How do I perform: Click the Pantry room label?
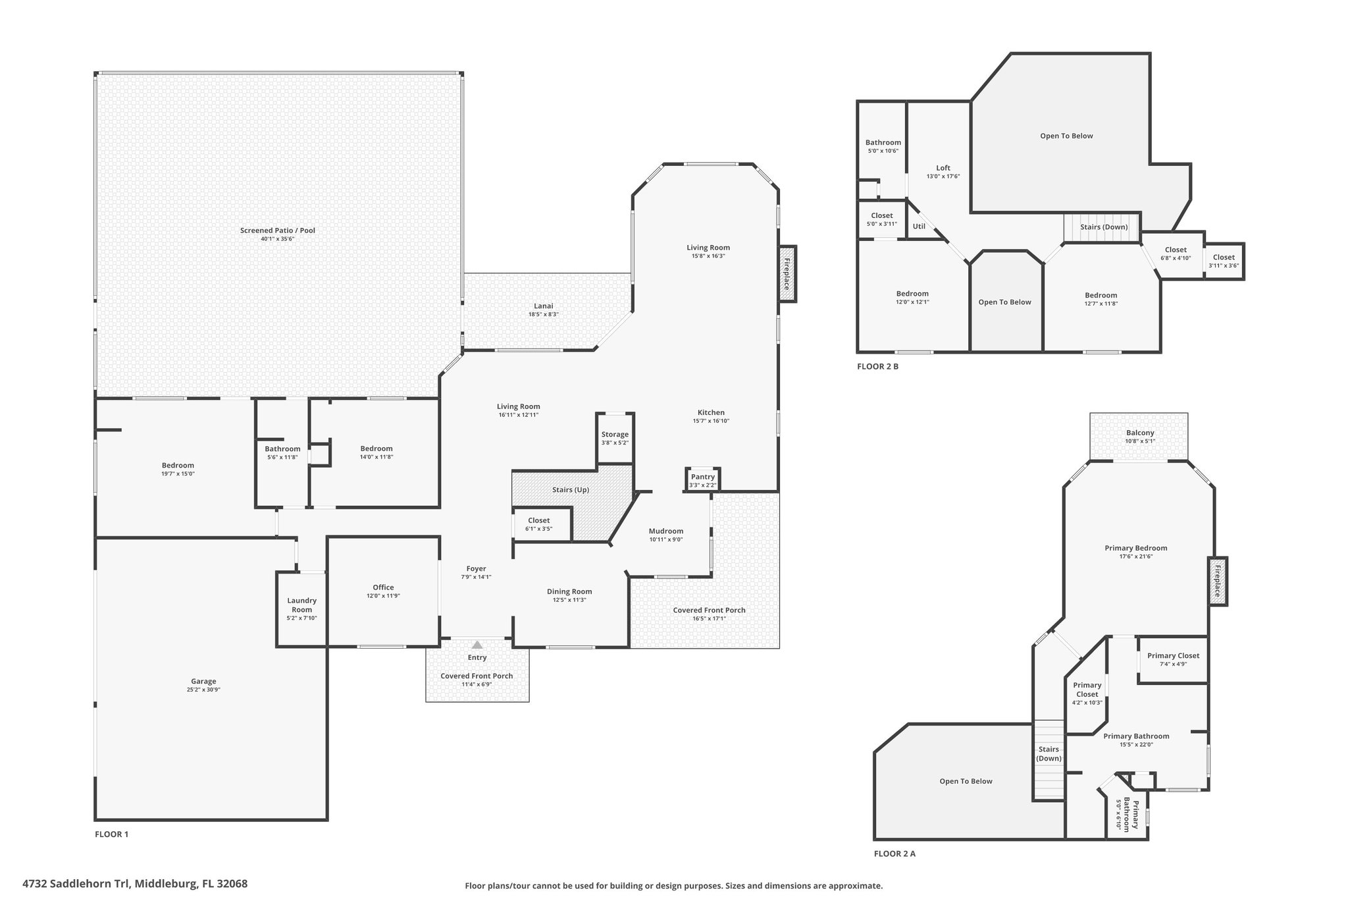tap(703, 477)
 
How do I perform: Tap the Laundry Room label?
tap(302, 605)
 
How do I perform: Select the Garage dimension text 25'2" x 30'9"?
tap(203, 690)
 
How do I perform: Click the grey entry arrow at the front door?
tap(477, 645)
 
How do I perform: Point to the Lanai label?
tap(544, 306)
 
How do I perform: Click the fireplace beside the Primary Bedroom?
tap(1218, 581)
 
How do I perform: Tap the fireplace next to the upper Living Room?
tap(787, 274)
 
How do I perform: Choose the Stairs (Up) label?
tap(571, 490)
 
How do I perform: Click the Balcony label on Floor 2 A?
tap(1140, 433)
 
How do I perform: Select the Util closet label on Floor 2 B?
tap(919, 227)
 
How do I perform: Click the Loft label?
tap(943, 168)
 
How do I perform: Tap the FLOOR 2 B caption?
tap(877, 367)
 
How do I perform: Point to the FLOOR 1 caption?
tap(112, 834)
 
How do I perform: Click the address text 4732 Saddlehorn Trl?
tap(77, 884)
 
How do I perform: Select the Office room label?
tap(383, 587)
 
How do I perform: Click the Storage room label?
tap(615, 435)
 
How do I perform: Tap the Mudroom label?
tap(666, 531)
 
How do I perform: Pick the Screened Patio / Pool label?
tap(278, 231)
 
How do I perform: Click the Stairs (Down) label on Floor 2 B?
tap(1104, 227)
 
